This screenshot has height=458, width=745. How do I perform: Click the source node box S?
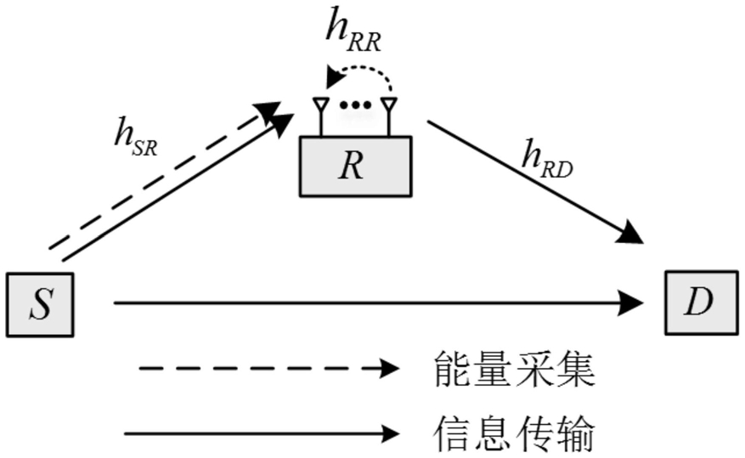[41, 304]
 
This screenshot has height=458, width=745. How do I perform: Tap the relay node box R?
[353, 166]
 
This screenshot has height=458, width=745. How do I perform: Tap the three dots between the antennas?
[354, 105]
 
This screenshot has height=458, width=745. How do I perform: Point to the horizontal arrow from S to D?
[374, 302]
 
